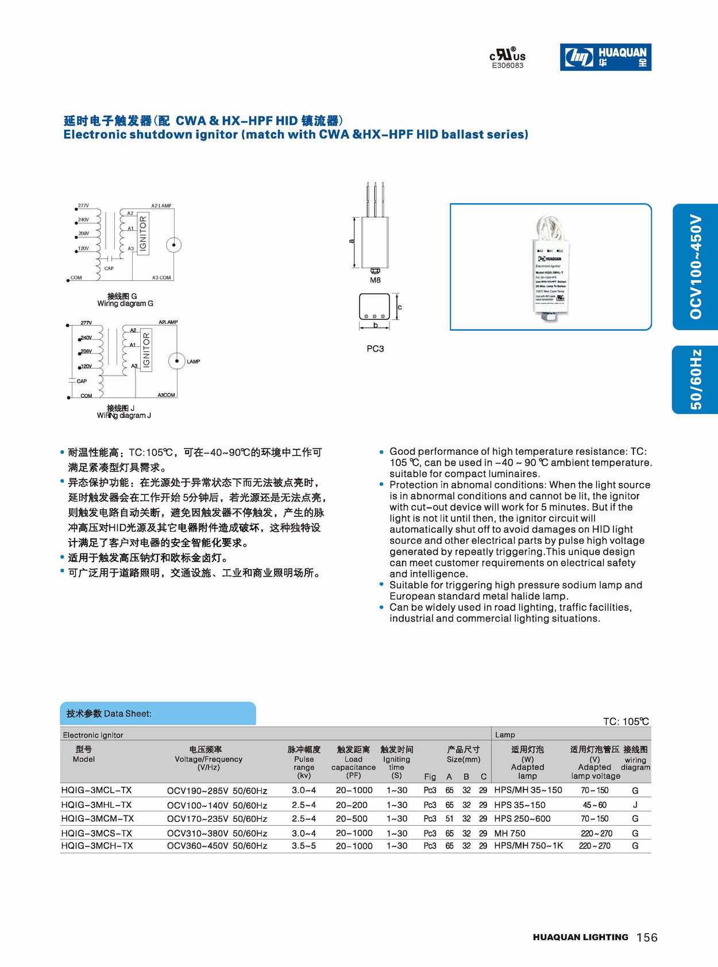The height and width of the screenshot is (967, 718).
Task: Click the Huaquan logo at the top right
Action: tap(605, 57)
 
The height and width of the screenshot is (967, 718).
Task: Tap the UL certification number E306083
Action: tap(508, 65)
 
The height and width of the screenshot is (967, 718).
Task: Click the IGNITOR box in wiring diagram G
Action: tap(143, 234)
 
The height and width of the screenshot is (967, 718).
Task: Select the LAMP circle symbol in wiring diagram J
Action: tap(176, 361)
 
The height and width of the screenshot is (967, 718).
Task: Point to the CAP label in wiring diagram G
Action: tap(109, 268)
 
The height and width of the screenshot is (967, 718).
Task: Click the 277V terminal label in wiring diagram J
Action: tap(86, 323)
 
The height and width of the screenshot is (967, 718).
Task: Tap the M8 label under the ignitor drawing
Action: tap(375, 280)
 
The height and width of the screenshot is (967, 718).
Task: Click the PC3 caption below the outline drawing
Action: tap(375, 349)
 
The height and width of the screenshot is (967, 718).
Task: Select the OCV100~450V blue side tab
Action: tap(696, 266)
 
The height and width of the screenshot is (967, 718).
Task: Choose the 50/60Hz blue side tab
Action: tap(696, 380)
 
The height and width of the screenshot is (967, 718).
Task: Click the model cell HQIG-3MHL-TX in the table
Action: tap(96, 805)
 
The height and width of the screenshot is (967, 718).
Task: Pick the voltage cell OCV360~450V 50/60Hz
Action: tap(217, 846)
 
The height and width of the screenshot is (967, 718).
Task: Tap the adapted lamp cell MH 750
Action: tap(509, 833)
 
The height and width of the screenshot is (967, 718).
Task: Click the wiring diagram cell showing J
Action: tap(635, 805)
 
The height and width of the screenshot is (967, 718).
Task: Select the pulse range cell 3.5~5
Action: tap(304, 846)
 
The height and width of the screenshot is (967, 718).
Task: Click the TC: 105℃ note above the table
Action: tap(626, 721)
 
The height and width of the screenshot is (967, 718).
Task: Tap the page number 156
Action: tap(647, 938)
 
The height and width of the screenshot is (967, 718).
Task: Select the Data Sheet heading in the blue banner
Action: tap(109, 714)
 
